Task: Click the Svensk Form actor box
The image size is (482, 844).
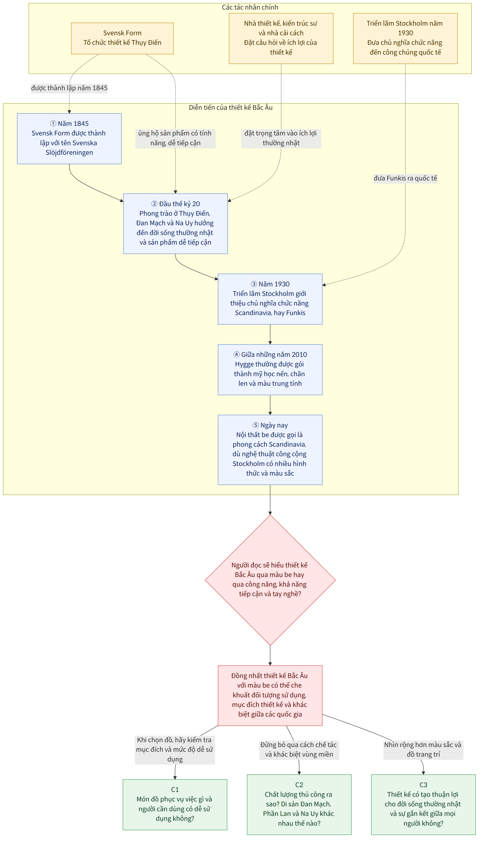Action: click(122, 38)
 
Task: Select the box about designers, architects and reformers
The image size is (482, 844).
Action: click(281, 38)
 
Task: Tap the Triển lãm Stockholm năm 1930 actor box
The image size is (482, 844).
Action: click(405, 38)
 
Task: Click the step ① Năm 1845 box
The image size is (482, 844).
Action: click(69, 138)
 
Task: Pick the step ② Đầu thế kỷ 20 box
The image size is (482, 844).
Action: click(175, 224)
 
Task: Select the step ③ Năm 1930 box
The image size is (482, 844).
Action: click(270, 299)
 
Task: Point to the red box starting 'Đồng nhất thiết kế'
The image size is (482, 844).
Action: click(270, 695)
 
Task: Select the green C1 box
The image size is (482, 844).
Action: click(175, 804)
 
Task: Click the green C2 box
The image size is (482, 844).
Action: click(299, 804)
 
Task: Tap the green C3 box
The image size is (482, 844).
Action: click(423, 804)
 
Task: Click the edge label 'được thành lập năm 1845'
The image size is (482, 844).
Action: click(69, 88)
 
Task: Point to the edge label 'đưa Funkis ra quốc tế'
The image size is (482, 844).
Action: click(405, 178)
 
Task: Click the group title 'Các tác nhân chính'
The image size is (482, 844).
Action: click(250, 7)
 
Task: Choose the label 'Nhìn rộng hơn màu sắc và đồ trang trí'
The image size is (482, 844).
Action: click(423, 749)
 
